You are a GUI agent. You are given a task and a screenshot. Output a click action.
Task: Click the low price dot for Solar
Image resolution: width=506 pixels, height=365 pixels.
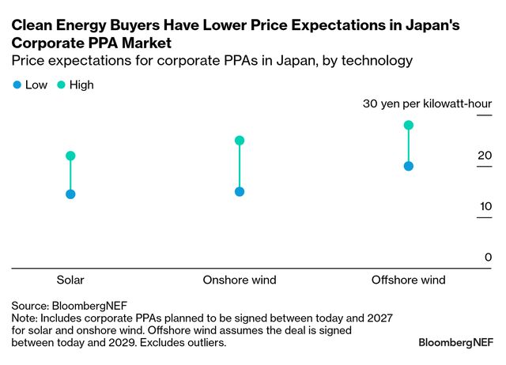[70, 194]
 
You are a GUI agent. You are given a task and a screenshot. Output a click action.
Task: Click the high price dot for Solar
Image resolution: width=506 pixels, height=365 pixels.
[70, 156]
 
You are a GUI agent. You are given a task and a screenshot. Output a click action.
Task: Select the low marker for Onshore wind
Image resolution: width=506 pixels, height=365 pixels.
[240, 191]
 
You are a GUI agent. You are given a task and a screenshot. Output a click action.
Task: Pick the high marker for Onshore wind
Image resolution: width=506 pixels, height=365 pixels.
[240, 141]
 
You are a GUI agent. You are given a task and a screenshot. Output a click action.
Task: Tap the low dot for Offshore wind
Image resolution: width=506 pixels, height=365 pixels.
[409, 166]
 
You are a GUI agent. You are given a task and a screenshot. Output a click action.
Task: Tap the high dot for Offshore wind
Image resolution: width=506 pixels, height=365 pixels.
[409, 125]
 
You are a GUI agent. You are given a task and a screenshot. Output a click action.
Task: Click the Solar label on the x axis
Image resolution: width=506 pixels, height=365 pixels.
[70, 280]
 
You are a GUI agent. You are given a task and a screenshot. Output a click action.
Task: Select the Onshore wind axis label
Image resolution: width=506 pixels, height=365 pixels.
[240, 280]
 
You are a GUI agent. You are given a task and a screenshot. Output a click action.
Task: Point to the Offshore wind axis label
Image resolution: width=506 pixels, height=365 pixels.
[409, 280]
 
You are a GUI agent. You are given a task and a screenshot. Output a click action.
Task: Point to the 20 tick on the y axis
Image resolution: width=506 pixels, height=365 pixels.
[484, 156]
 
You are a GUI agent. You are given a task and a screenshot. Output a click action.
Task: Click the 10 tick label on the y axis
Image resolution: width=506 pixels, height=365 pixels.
[484, 206]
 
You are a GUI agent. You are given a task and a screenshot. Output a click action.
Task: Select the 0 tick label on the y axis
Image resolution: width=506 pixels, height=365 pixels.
[488, 257]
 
